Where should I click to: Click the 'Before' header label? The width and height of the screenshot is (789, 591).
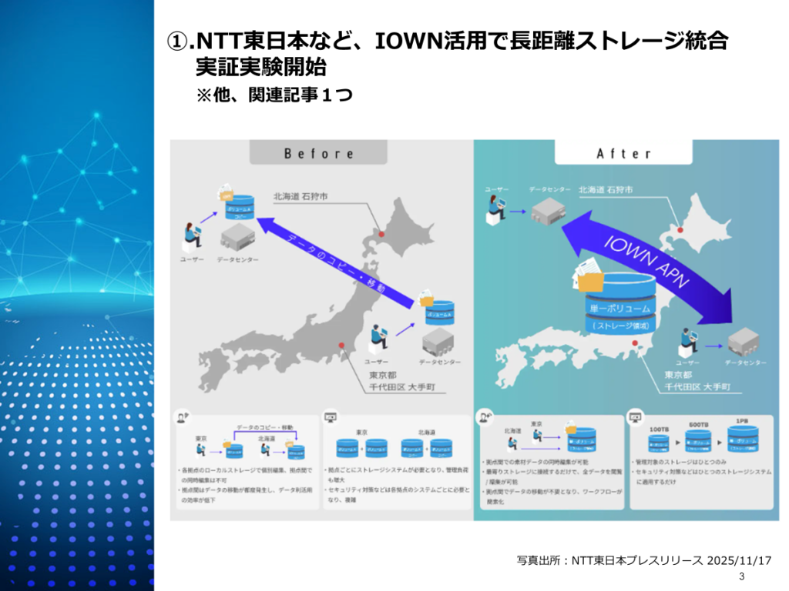click(318, 153)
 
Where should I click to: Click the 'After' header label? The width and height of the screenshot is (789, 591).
click(623, 153)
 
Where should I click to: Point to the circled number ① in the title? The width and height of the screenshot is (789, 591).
click(176, 42)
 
